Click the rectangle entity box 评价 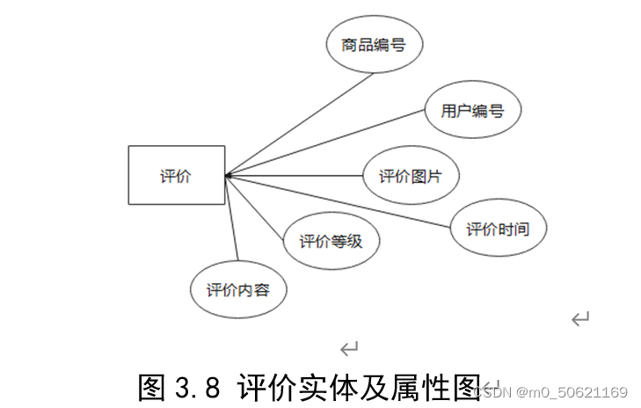[x=177, y=176]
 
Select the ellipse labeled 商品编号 [x=374, y=44]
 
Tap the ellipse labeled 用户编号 [x=472, y=111]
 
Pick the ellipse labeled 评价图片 [x=410, y=176]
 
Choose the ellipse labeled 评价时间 [x=498, y=229]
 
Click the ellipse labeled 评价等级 [x=331, y=240]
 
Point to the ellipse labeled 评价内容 [x=238, y=289]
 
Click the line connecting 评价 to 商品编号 [x=299, y=124]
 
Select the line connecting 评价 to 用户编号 [x=325, y=142]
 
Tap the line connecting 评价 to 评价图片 [x=295, y=176]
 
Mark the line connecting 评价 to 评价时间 [x=343, y=201]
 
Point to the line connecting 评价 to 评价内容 [x=233, y=220]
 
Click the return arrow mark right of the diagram [x=579, y=318]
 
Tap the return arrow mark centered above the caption [x=349, y=349]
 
